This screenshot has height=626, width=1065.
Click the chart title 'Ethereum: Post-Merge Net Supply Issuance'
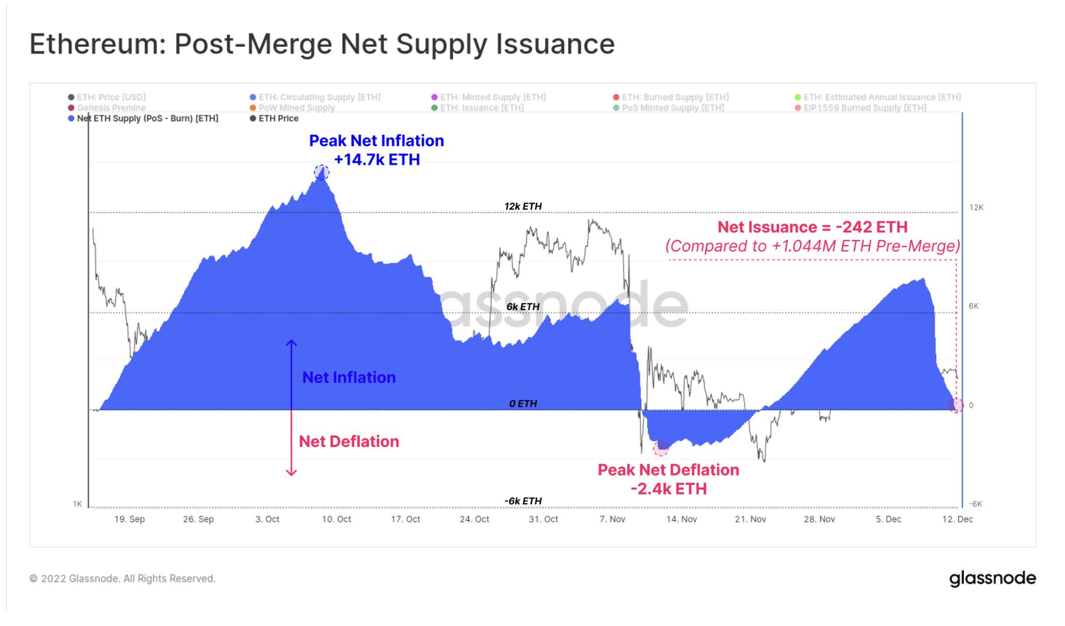[322, 44]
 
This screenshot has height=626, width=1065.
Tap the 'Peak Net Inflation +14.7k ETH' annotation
[376, 150]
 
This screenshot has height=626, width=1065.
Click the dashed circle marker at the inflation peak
[321, 172]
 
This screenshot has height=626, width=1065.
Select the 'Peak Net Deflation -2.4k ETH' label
[668, 479]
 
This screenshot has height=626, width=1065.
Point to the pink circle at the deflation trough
[661, 448]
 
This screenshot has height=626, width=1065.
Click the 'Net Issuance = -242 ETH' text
[812, 227]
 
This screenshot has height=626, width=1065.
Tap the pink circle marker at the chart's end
[956, 405]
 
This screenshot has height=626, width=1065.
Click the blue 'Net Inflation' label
[349, 377]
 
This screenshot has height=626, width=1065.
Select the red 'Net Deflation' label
[349, 441]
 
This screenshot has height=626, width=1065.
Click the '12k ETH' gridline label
[523, 206]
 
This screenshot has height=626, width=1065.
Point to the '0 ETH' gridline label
[523, 404]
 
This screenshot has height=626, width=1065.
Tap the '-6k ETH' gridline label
[523, 501]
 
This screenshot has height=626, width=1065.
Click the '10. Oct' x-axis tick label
[336, 519]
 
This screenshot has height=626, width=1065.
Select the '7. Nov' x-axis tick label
[612, 519]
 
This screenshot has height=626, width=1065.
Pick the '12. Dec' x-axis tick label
[957, 519]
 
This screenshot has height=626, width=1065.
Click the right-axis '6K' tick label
[973, 306]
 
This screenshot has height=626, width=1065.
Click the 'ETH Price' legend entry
[278, 118]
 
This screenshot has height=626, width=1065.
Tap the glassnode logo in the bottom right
[993, 578]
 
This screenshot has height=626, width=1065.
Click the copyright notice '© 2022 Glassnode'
[123, 579]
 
